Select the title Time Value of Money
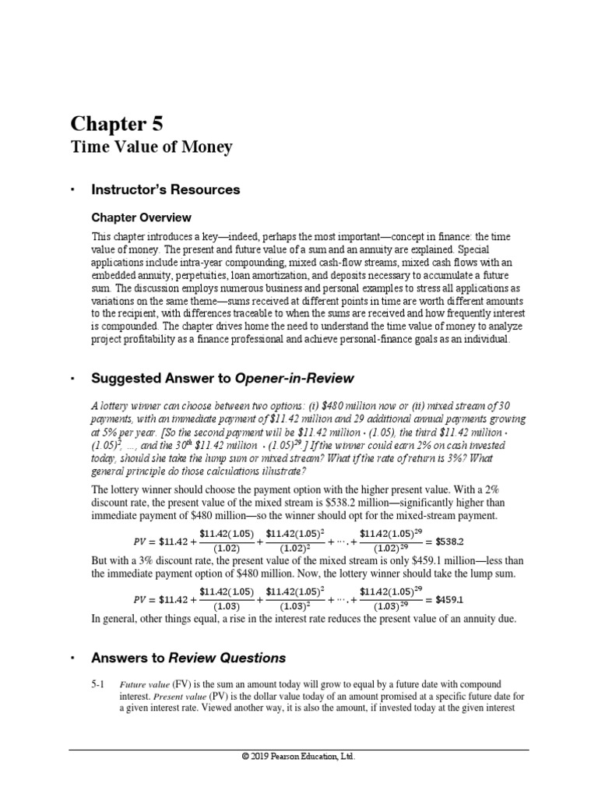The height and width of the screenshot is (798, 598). point(151,147)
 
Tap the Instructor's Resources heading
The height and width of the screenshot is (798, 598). point(166,189)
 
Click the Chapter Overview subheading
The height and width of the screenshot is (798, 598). point(141,217)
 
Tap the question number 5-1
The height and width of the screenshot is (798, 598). point(99,683)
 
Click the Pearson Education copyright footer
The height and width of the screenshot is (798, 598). point(298,756)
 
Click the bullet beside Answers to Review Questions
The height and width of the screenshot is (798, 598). point(72,658)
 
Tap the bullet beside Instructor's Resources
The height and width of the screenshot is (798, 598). point(72,190)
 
